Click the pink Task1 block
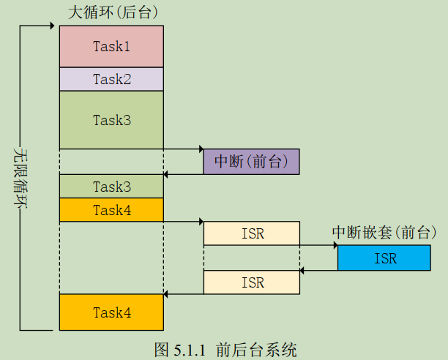click(x=111, y=46)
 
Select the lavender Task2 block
click(x=111, y=79)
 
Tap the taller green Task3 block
click(x=111, y=120)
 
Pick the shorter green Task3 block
click(x=111, y=187)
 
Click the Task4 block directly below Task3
click(x=111, y=210)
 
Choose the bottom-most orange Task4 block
click(x=111, y=312)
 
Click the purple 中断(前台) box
click(x=251, y=162)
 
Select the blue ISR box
click(x=384, y=258)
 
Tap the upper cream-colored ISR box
click(x=251, y=233)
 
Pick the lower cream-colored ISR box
click(x=251, y=282)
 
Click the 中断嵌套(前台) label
click(x=384, y=232)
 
